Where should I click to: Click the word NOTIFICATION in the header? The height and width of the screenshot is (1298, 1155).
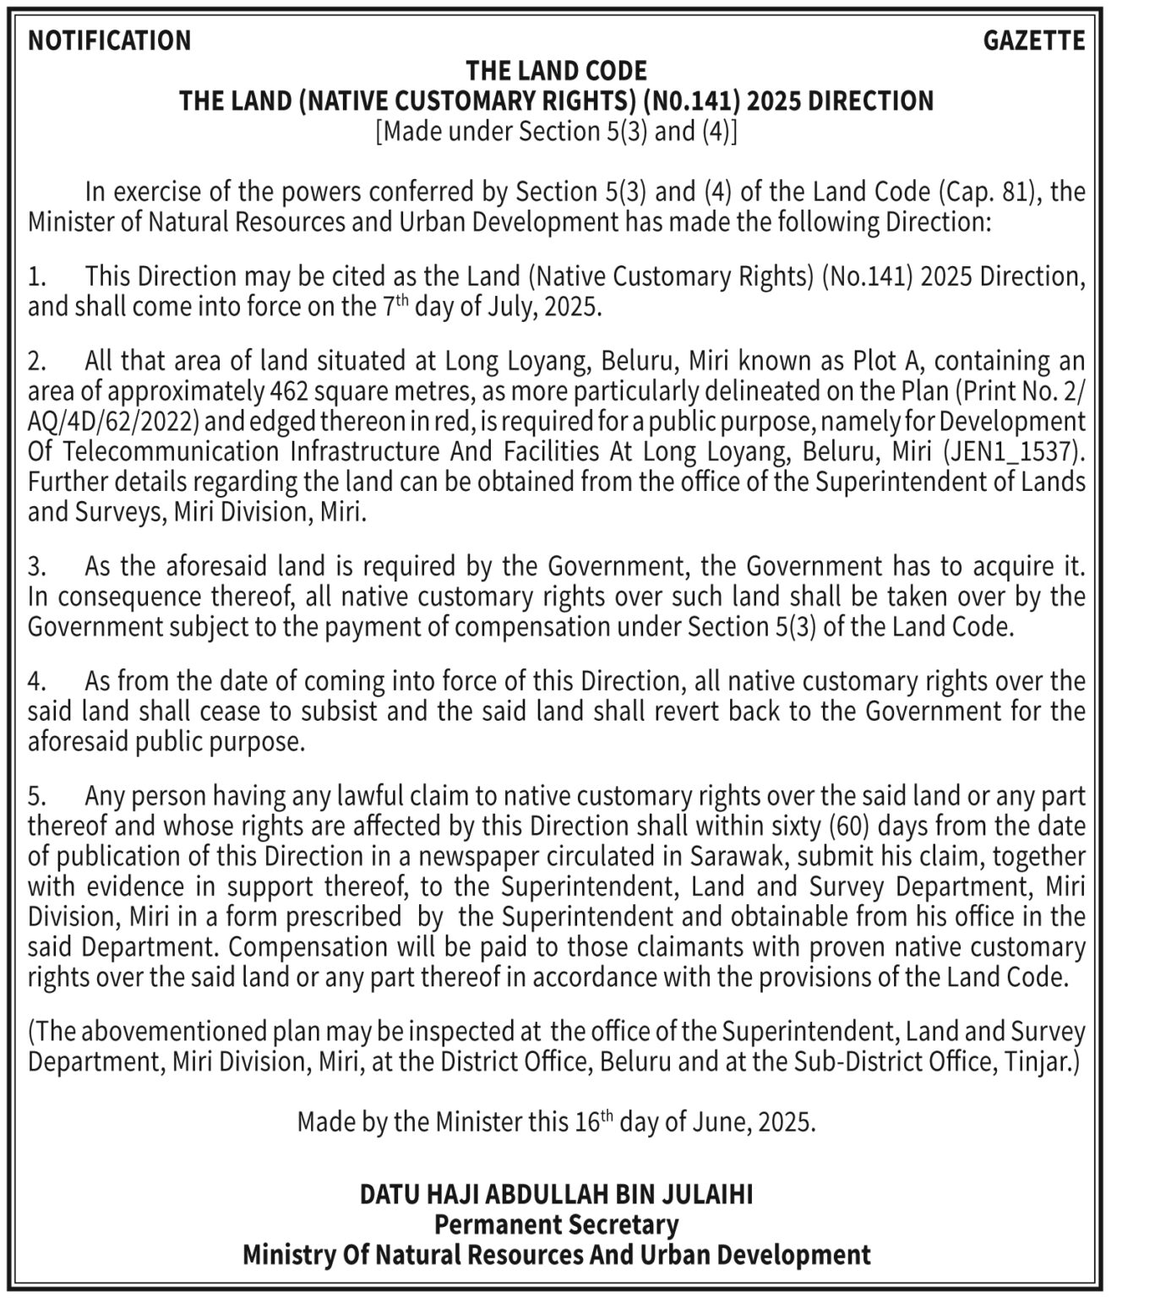point(110,41)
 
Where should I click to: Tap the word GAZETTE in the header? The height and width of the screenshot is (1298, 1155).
point(1033,41)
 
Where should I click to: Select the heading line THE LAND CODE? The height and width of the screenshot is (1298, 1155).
point(556,70)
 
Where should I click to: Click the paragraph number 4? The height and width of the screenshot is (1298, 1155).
point(35,681)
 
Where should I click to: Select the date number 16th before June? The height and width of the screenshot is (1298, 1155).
point(592,1122)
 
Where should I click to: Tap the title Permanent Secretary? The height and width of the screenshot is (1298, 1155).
point(556,1224)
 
